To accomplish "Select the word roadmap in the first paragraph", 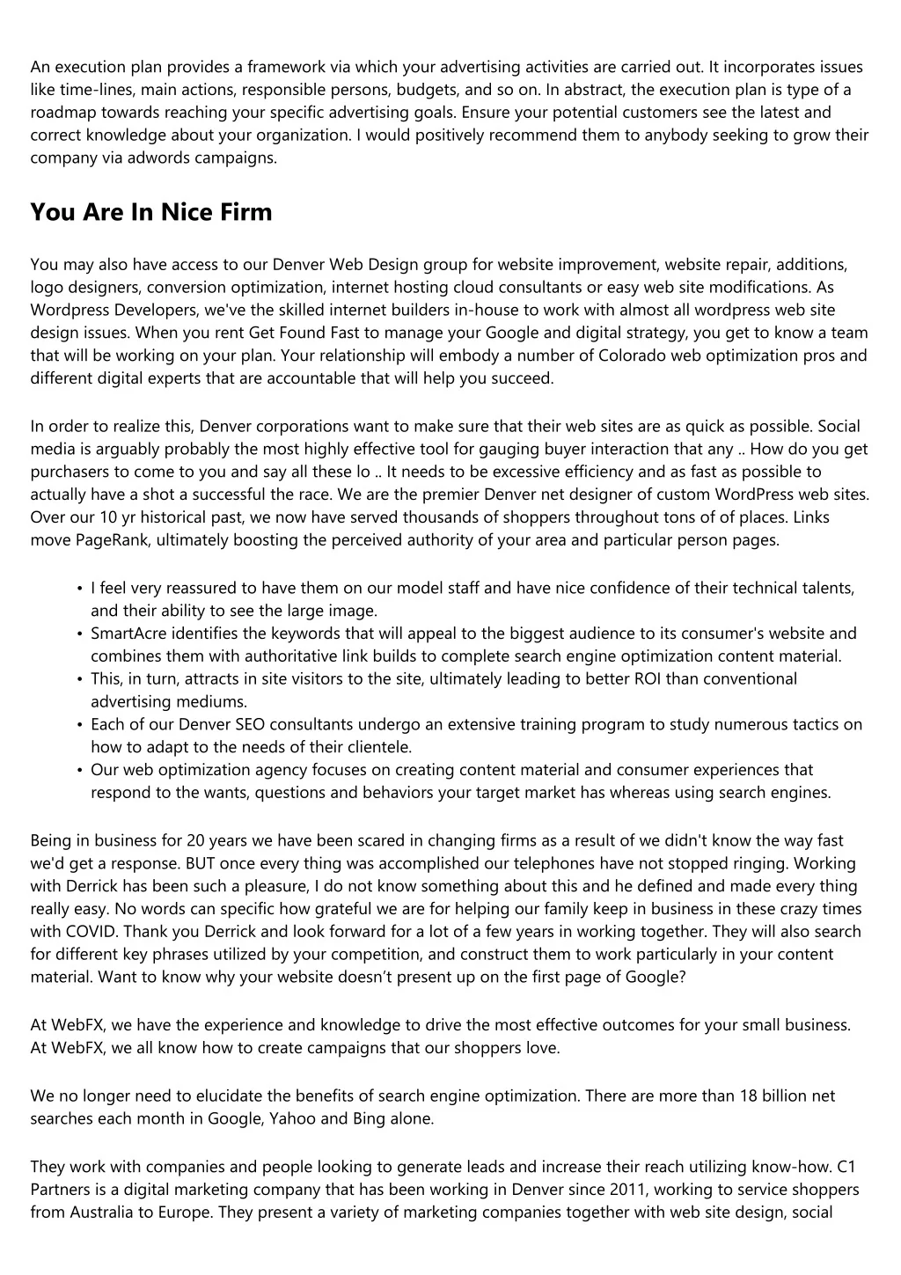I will [x=62, y=113].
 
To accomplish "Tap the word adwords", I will [x=166, y=158].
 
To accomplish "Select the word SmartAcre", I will [x=129, y=634].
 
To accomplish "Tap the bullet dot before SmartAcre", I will [x=80, y=634].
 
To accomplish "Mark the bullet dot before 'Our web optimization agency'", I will [x=80, y=771].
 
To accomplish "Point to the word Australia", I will [x=102, y=1213].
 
